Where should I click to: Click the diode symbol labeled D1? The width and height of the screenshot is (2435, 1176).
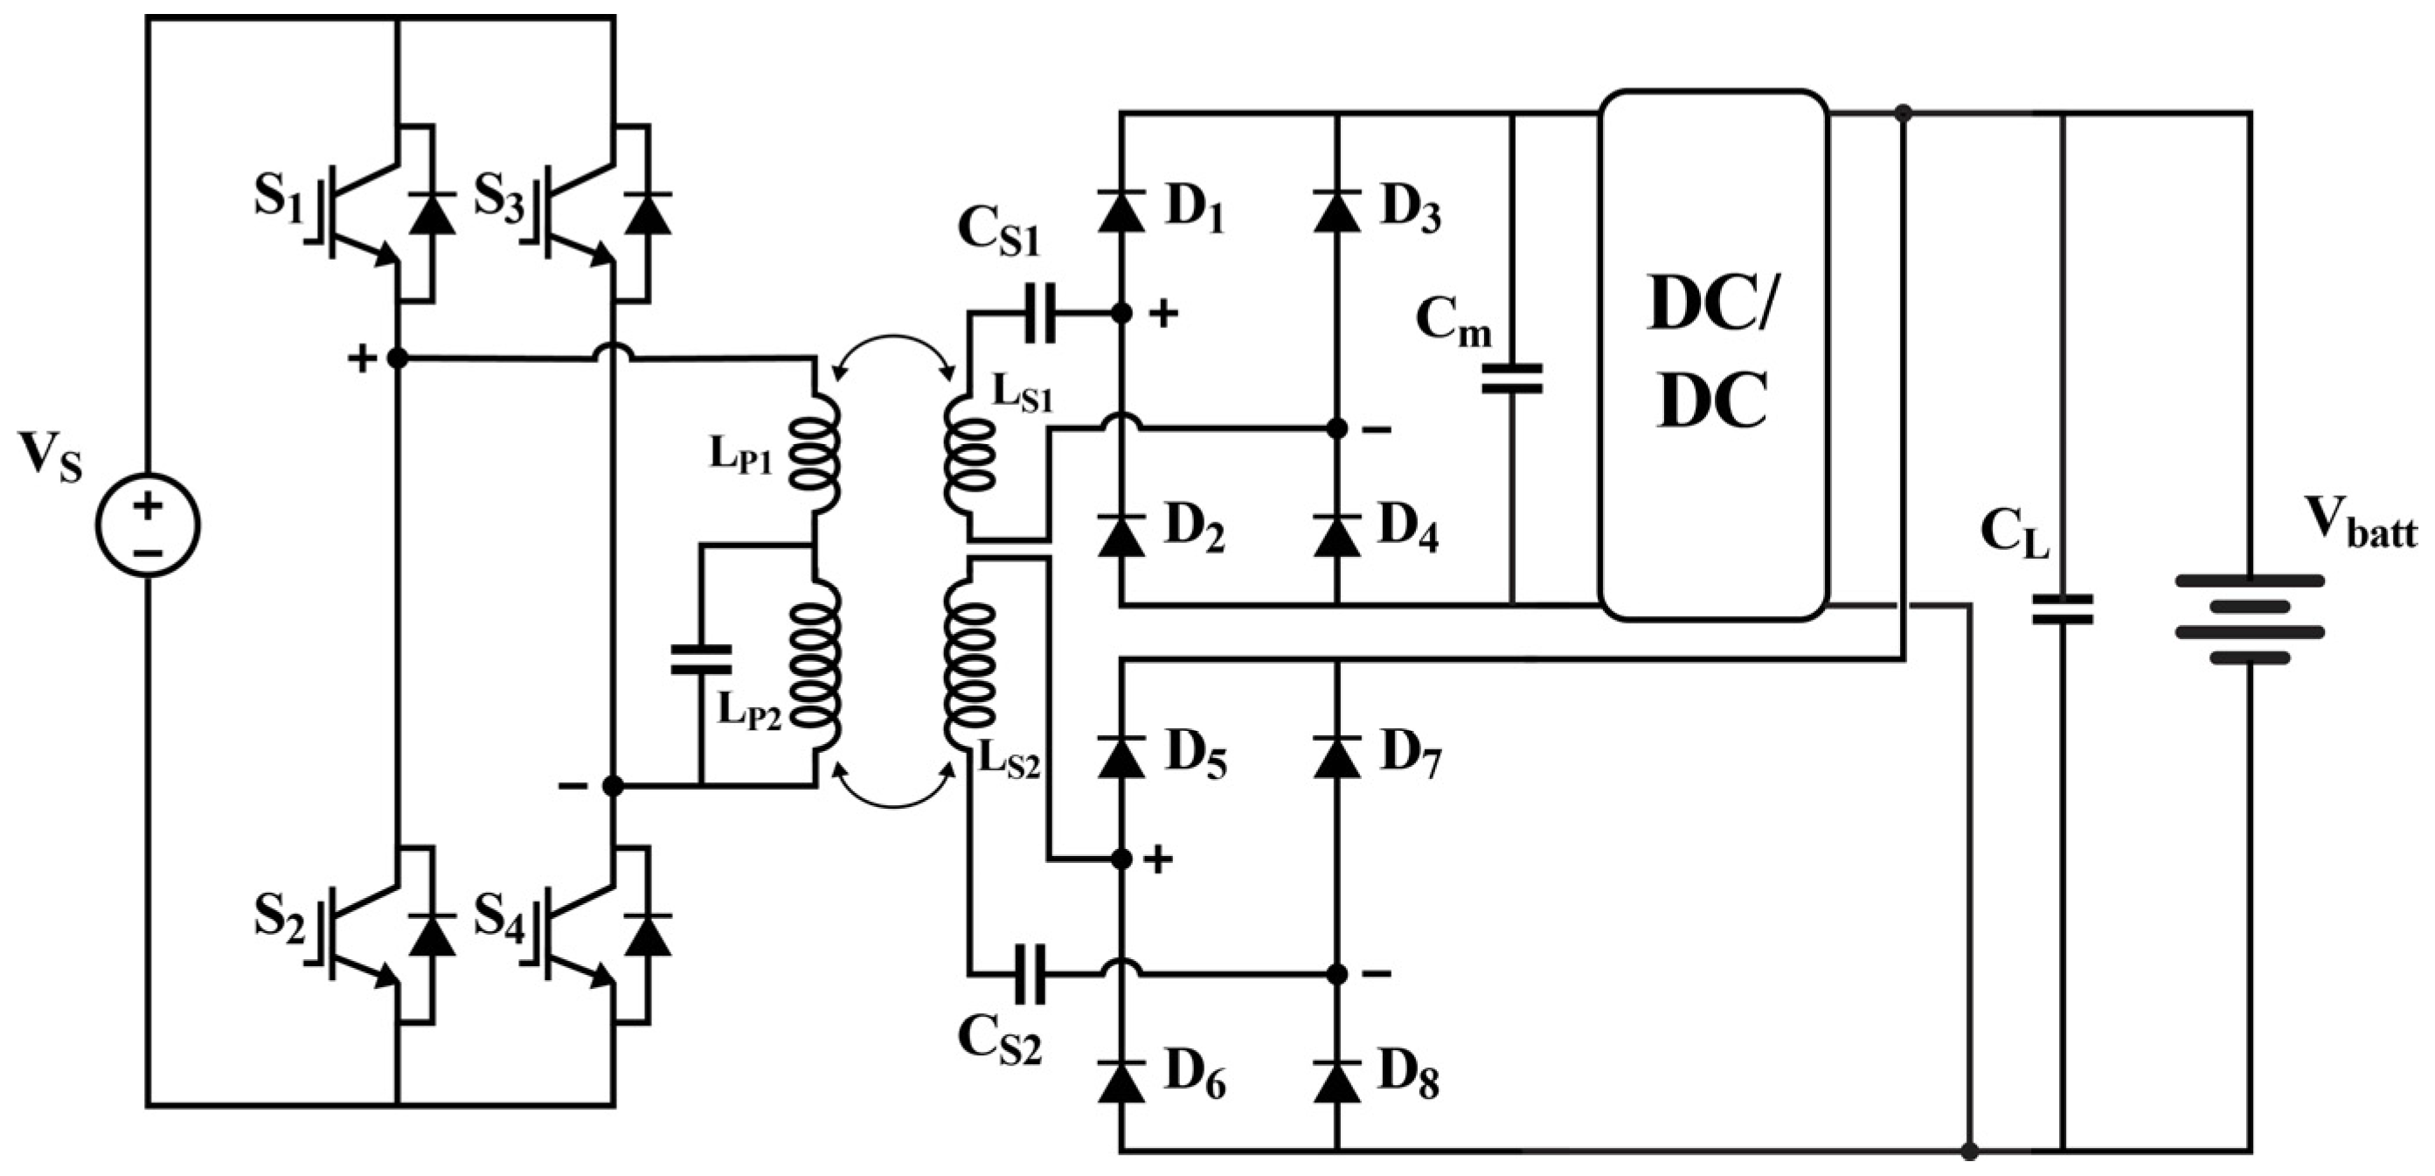[x=1121, y=211]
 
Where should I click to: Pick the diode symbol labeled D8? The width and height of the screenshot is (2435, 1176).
[x=1336, y=1082]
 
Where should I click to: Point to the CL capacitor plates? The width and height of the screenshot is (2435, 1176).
[x=2062, y=609]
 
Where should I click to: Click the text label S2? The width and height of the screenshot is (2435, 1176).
[x=279, y=918]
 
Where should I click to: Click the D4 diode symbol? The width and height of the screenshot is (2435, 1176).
[x=1336, y=535]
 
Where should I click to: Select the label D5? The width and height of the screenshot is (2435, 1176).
[x=1195, y=756]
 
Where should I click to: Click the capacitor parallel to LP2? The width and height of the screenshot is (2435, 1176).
[x=700, y=659]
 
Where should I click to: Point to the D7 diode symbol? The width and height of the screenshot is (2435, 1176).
[x=1336, y=756]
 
